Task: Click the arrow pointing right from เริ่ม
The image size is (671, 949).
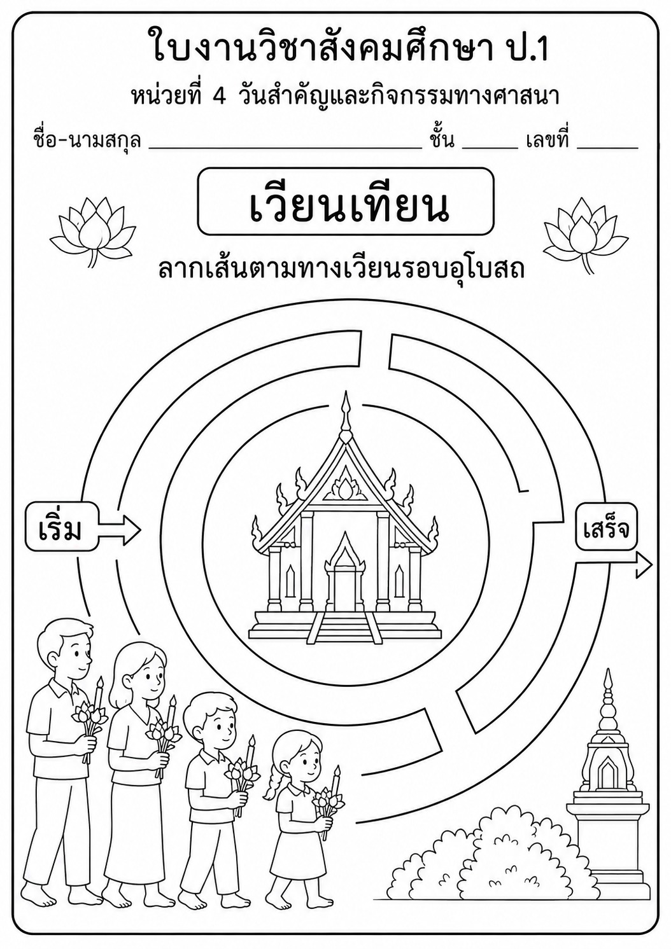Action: (x=120, y=529)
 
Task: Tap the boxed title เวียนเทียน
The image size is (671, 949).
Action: (x=346, y=202)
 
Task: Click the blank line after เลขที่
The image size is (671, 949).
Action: (x=607, y=148)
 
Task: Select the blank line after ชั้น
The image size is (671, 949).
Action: (x=490, y=148)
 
